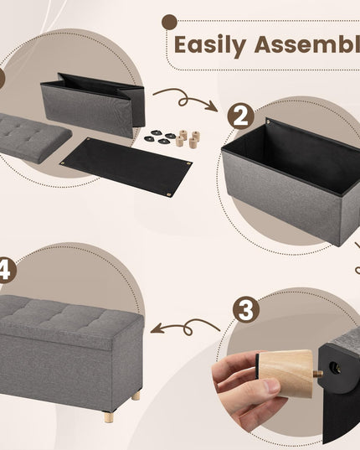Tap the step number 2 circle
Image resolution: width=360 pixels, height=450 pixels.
pos(241,116)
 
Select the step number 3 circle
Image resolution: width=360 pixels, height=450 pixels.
pos(245,309)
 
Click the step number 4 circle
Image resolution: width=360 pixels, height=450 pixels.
pos(5,270)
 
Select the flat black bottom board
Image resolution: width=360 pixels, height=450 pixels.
pos(126,166)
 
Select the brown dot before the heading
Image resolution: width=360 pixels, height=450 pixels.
pos(170,22)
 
